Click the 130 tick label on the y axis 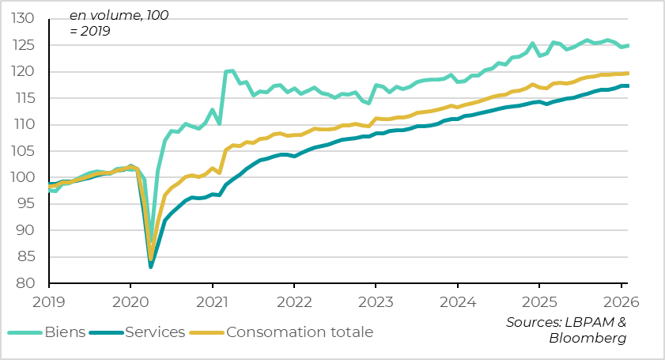pyautogui.click(x=23, y=18)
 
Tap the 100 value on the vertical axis pyautogui.click(x=23, y=177)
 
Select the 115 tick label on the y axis pyautogui.click(x=23, y=98)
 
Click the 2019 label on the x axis pyautogui.click(x=48, y=301)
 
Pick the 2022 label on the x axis pyautogui.click(x=293, y=301)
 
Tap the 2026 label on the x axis pyautogui.click(x=621, y=301)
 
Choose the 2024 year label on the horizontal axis pyautogui.click(x=457, y=301)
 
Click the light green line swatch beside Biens pyautogui.click(x=24, y=332)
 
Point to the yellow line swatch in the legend pyautogui.click(x=208, y=332)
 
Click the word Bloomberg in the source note pyautogui.click(x=588, y=339)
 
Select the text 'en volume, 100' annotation pyautogui.click(x=119, y=15)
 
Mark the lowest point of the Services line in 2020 pyautogui.click(x=151, y=267)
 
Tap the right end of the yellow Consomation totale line pyautogui.click(x=628, y=73)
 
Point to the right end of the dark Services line pyautogui.click(x=628, y=85)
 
